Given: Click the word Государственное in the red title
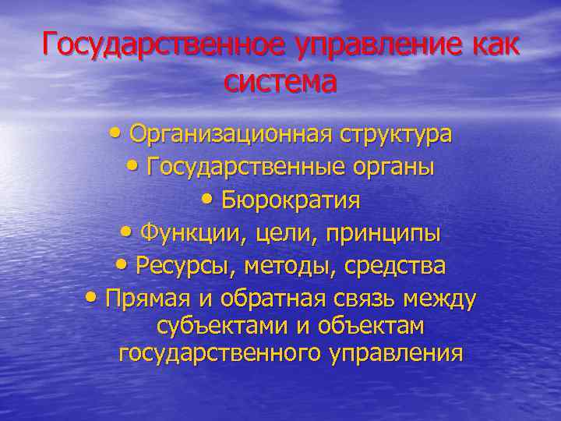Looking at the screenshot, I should point(164,44).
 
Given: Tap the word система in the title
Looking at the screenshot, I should point(280,80).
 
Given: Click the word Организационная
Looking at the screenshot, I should point(231,134).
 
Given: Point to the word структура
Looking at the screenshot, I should point(395,134).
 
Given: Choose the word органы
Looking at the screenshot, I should point(393,168).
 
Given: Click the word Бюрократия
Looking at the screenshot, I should point(291,200).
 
